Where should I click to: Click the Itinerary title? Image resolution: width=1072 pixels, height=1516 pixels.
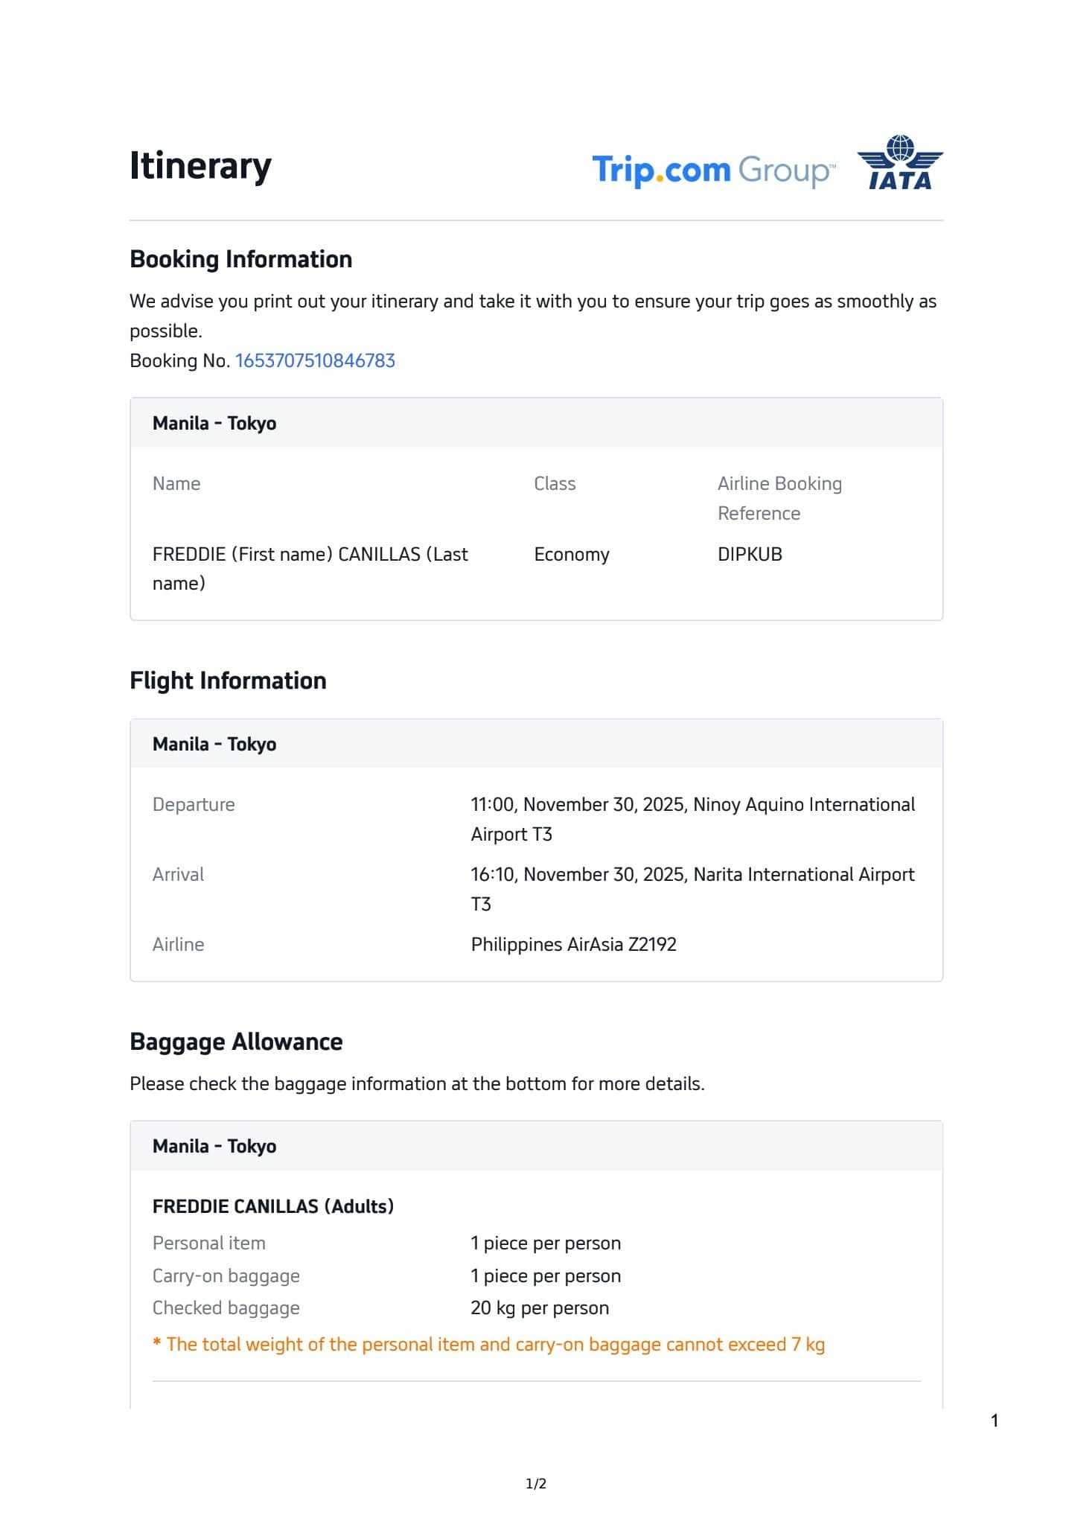pos(200,165)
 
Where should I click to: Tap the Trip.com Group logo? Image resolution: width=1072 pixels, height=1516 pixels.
pos(713,171)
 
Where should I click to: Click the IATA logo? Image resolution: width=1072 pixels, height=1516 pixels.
pos(899,163)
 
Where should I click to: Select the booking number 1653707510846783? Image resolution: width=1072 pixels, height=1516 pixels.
pos(315,361)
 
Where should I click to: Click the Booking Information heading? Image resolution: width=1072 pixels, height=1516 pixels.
pos(240,259)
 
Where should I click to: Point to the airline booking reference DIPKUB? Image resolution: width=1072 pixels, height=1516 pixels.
pos(750,555)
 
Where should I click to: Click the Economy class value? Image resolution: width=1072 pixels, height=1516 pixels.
pos(571,555)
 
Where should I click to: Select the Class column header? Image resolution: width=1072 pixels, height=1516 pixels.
pos(555,484)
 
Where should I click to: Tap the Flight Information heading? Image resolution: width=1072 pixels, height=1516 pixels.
pos(228,681)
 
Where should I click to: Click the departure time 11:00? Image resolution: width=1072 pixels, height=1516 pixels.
pos(494,805)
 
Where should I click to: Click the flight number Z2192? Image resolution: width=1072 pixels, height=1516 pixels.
pos(652,945)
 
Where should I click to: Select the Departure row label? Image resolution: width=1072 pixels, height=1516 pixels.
pos(194,805)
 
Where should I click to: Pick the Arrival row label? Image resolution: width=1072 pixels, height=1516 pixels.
pos(178,875)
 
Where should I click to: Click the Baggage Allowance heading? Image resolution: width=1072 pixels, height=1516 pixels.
pos(236,1042)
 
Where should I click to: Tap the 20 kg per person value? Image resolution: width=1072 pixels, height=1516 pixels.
pos(540,1308)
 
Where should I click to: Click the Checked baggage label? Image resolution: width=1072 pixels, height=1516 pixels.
pos(226,1308)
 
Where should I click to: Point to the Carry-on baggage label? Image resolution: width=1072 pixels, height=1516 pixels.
pos(226,1276)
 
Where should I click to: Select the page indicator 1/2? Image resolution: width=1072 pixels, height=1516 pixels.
pos(536,1484)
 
